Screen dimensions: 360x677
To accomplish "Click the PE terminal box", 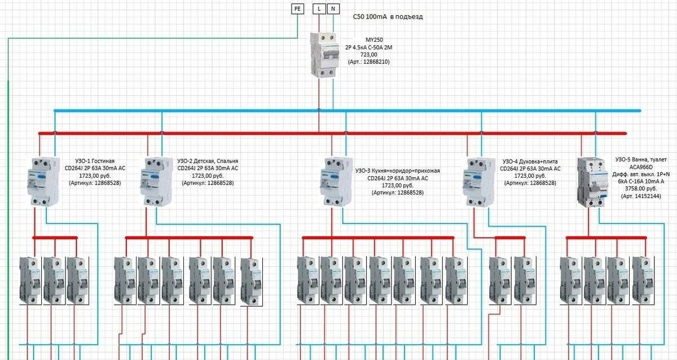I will pyautogui.click(x=298, y=8).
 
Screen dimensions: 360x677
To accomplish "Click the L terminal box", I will pyautogui.click(x=319, y=8).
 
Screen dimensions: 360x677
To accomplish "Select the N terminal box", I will pyautogui.click(x=333, y=8).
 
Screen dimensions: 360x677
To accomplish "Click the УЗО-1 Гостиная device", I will pyautogui.click(x=43, y=181).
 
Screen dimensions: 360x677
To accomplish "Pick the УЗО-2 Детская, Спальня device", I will pyautogui.click(x=156, y=181).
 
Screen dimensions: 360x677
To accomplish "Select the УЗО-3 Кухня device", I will pyautogui.click(x=336, y=181).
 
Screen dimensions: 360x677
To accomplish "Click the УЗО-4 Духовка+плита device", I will pyautogui.click(x=479, y=181).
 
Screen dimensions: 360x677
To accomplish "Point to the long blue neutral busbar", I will pyautogui.click(x=347, y=110).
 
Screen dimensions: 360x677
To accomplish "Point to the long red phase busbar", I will pyautogui.click(x=333, y=133).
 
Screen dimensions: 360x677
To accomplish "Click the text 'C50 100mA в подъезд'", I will pyautogui.click(x=387, y=17).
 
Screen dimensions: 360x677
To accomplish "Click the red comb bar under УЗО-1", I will pyautogui.click(x=55, y=238).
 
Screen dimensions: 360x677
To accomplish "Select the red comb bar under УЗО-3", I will pyautogui.click(x=378, y=238).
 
